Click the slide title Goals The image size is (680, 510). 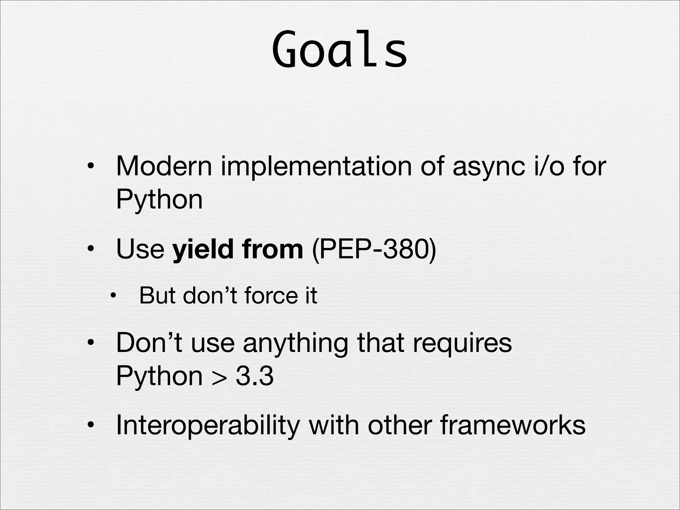point(339,50)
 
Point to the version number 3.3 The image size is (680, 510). point(255,376)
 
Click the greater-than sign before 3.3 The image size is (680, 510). point(219,378)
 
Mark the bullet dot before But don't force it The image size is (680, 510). point(113,295)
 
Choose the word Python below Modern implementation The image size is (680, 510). point(159,200)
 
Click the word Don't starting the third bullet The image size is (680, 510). point(149,343)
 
